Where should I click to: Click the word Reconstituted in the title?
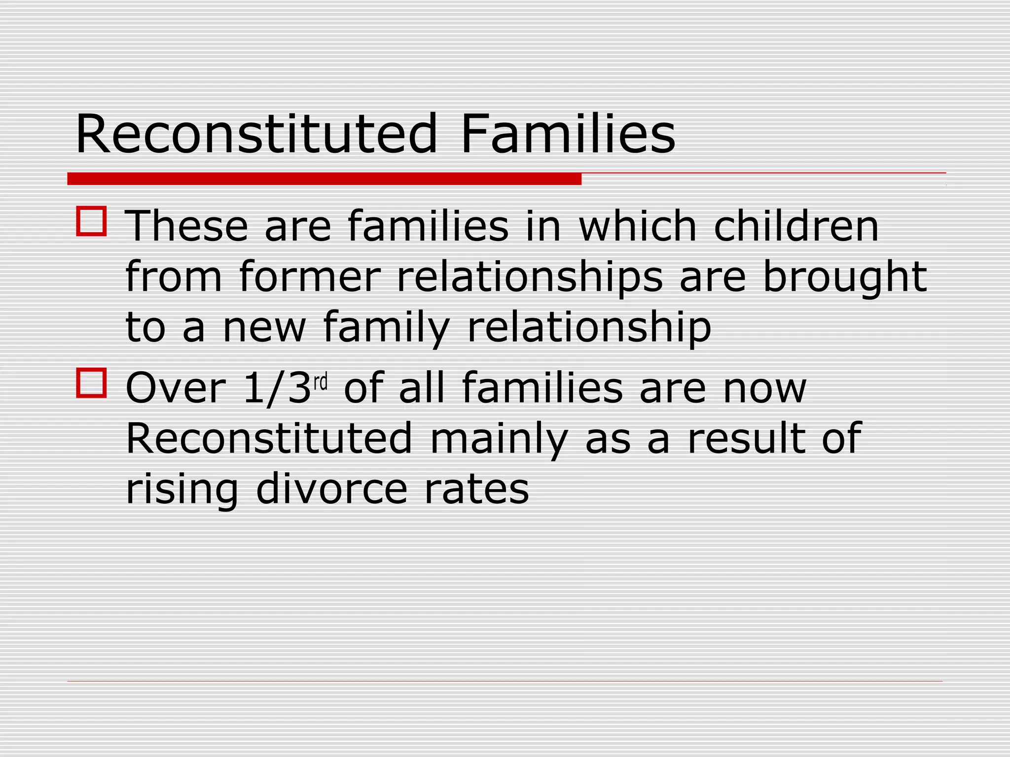pos(256,134)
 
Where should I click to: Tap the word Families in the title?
pos(568,134)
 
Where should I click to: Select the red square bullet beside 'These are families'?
pos(91,221)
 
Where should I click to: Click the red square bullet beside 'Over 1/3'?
pos(91,383)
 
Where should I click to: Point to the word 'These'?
pos(186,226)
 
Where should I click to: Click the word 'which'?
pos(638,226)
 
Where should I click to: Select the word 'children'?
pos(796,226)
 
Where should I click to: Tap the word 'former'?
pos(310,277)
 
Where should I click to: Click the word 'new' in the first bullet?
pos(264,328)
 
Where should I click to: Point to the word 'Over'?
pos(176,388)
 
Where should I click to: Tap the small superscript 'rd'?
pos(321,381)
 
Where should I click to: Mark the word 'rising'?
pos(182,490)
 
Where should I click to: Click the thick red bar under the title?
pos(324,179)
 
